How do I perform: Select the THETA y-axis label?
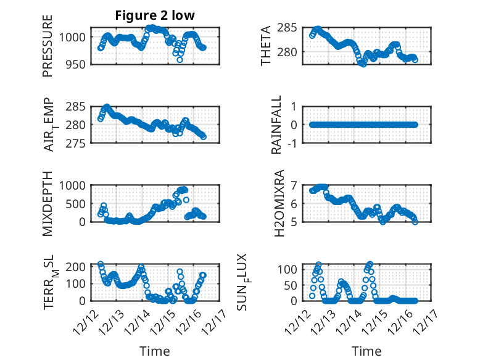266,46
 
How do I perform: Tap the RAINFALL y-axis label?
277,125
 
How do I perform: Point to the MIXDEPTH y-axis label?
48,204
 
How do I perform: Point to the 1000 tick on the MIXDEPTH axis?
73,185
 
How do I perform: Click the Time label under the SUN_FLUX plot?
366,351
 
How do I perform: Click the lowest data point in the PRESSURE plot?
180,60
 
